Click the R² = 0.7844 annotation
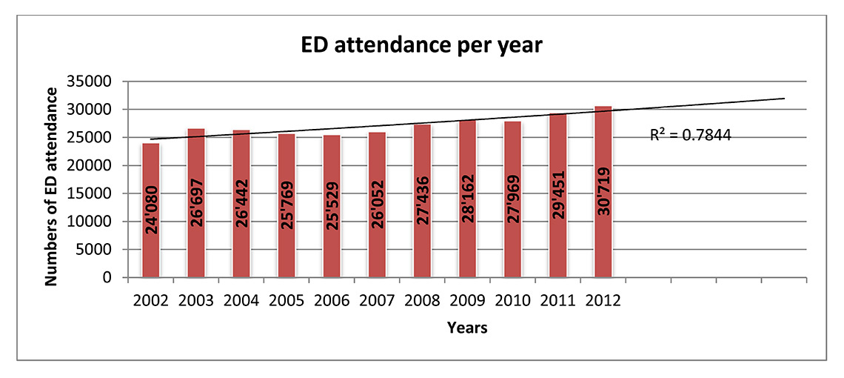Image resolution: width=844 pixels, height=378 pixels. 691,136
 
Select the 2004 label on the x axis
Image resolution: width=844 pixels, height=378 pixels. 241,302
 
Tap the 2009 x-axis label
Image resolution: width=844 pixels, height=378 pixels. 467,302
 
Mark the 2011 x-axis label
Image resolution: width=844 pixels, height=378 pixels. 557,302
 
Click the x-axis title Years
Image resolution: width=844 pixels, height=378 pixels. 467,327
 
